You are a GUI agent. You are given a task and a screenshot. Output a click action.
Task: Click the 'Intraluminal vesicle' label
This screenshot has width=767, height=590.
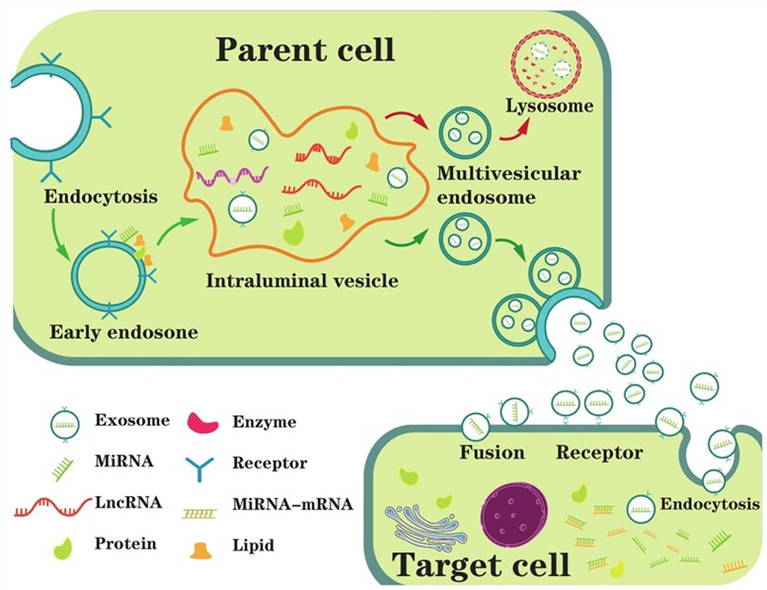302,281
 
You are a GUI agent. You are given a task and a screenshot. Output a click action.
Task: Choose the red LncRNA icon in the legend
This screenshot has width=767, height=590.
51,505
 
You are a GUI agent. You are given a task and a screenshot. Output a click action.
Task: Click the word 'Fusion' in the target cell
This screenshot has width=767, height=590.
491,454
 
